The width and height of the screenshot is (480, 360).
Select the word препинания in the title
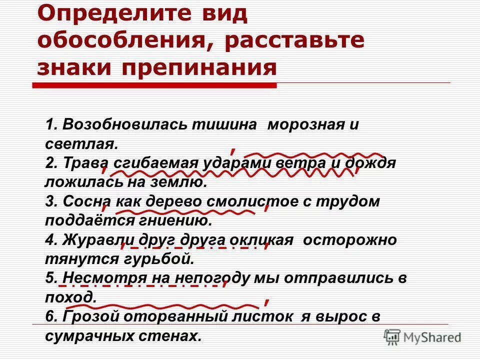[x=199, y=67]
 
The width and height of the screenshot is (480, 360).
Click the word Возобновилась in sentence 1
[x=125, y=125]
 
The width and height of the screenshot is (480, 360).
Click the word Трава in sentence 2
[x=85, y=163]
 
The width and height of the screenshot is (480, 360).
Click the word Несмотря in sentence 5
[x=97, y=278]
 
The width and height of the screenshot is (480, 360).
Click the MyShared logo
[x=422, y=337]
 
